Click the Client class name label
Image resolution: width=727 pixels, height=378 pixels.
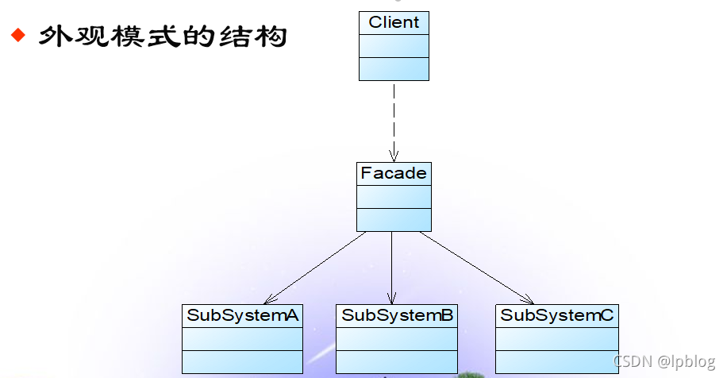tap(394, 22)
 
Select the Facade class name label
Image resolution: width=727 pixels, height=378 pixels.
tap(394, 173)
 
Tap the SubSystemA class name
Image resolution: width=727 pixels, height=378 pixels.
tap(242, 315)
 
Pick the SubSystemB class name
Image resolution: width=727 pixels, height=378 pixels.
tap(397, 315)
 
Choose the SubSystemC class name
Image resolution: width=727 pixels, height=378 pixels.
tap(556, 315)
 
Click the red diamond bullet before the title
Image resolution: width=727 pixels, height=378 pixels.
tap(17, 36)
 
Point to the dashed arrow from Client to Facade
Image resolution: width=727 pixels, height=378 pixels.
tap(394, 119)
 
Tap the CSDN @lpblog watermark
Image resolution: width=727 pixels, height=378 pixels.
tap(664, 362)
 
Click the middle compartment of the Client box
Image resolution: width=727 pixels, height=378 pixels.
tap(394, 45)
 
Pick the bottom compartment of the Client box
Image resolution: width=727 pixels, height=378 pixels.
tap(394, 68)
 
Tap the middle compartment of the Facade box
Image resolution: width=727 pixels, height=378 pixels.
tap(394, 196)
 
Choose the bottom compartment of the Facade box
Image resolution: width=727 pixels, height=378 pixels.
tap(394, 219)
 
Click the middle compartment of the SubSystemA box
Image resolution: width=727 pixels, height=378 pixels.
tap(242, 338)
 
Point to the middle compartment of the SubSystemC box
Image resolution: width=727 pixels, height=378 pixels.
tap(556, 338)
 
